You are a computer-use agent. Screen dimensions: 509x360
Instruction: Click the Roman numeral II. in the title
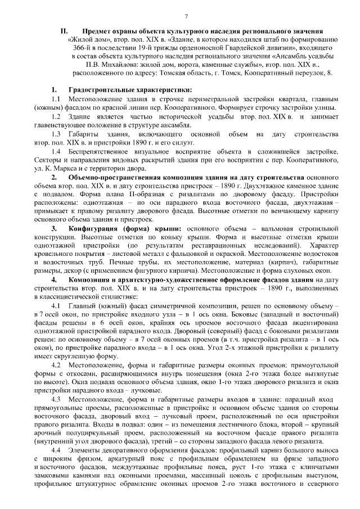64,31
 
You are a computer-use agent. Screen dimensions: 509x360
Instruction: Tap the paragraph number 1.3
56,133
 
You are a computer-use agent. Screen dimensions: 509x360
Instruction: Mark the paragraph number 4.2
56,364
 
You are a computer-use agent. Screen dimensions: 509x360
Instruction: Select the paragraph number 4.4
56,451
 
